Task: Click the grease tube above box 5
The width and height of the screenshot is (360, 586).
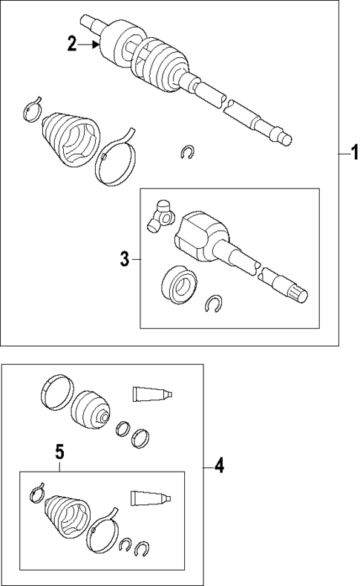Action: click(x=153, y=394)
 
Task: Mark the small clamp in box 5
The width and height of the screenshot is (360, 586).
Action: click(x=37, y=492)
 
